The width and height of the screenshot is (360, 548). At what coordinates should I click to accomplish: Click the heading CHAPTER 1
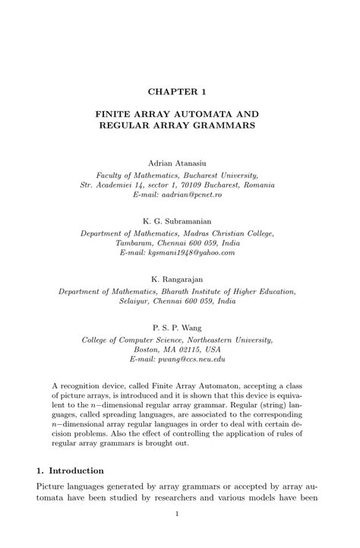[180, 92]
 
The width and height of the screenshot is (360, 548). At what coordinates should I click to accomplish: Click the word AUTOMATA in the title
[212, 112]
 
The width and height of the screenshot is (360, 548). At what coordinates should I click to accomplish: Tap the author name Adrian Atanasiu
[179, 163]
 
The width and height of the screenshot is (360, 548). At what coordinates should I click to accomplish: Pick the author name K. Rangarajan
[180, 278]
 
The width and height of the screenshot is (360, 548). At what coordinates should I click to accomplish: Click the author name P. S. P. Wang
[180, 324]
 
